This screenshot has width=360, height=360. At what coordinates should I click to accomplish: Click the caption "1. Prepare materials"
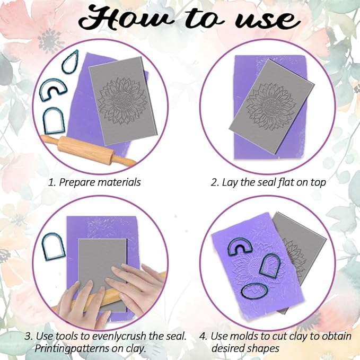[94, 182]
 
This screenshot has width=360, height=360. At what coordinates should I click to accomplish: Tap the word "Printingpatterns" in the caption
[70, 349]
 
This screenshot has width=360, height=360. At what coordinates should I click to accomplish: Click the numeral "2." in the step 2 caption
[215, 182]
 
